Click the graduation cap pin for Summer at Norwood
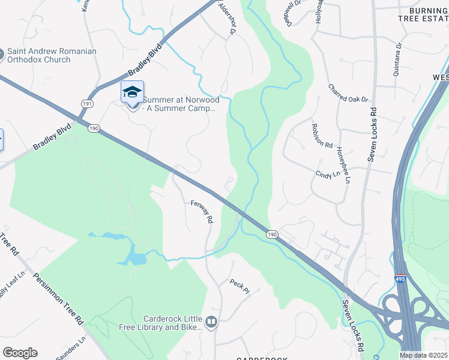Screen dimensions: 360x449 (132, 92)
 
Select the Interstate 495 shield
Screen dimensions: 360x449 (400, 279)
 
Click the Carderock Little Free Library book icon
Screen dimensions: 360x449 (211, 322)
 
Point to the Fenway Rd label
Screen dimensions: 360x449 (202, 211)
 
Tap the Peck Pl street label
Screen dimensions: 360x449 (239, 286)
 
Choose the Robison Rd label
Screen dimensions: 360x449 (322, 136)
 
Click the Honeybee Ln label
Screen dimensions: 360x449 (343, 165)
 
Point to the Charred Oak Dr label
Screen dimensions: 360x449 (348, 93)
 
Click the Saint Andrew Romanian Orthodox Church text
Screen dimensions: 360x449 (52, 55)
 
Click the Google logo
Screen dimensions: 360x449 (20, 353)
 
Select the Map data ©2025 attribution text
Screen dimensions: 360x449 (424, 355)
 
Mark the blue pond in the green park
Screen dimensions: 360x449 (135, 258)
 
